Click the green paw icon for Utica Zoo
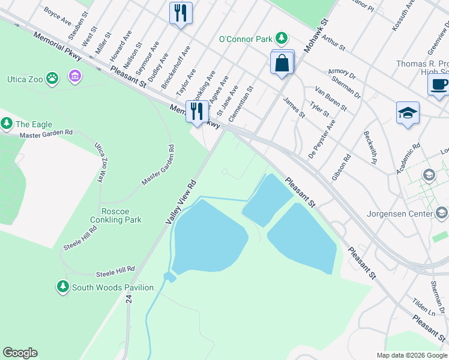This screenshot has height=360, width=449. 53,77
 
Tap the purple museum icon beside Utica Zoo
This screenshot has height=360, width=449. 75,76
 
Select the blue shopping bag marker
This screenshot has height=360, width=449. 282,62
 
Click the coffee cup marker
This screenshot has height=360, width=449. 439,84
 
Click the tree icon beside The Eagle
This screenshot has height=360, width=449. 7,124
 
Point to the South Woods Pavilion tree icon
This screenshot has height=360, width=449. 63,287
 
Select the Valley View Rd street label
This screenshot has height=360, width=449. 182,202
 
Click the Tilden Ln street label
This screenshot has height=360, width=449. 424,308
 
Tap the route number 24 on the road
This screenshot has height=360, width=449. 128,297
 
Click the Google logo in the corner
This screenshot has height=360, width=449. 20,353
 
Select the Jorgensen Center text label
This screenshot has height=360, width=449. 408,214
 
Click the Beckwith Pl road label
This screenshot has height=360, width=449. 370,148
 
